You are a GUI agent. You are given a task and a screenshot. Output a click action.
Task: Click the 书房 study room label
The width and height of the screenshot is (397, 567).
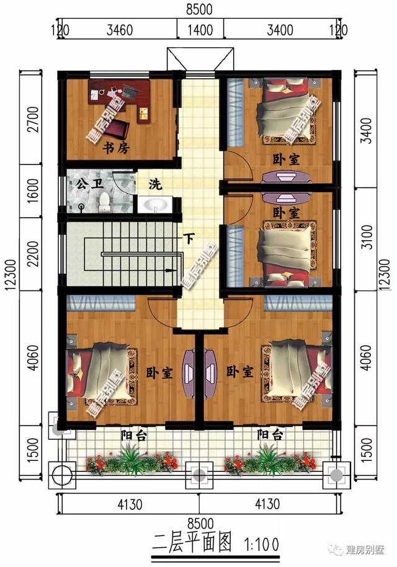(114, 148)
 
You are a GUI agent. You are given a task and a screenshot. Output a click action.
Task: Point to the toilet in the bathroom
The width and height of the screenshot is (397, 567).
(104, 200)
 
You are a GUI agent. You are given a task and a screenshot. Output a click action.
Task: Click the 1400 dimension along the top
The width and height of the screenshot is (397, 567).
(200, 30)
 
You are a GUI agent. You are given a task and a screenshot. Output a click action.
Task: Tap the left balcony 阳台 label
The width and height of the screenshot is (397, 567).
(134, 435)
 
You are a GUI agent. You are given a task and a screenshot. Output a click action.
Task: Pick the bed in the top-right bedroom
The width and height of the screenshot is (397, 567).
(282, 112)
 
